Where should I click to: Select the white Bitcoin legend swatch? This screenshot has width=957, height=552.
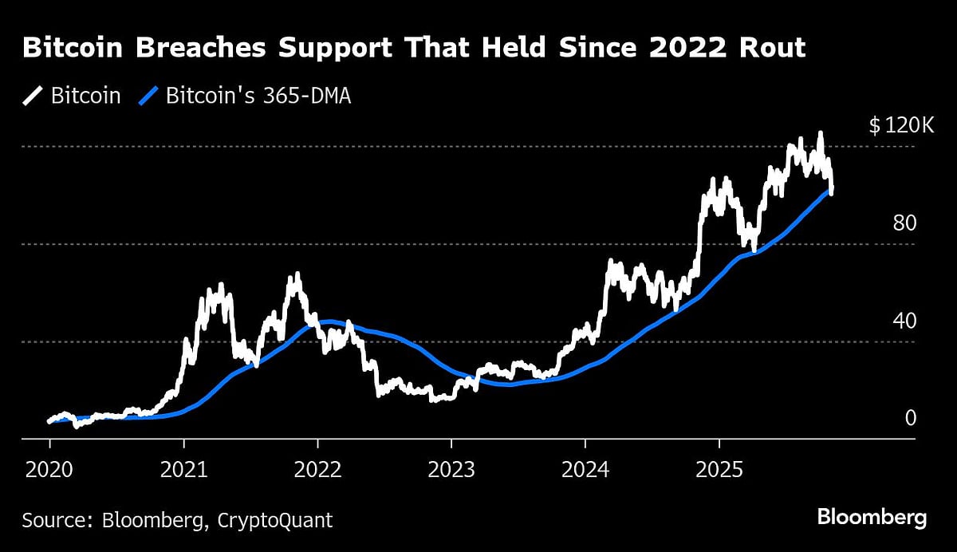pos(33,97)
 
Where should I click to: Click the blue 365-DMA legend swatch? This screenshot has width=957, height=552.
pos(148,97)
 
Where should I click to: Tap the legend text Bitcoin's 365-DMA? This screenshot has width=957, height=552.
pos(258,97)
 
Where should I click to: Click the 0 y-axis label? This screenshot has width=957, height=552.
pos(911,418)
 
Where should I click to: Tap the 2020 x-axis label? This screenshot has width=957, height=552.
pos(49,469)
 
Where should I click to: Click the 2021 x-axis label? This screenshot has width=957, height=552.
pos(183,469)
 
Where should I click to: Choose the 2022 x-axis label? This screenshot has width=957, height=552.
pos(317,469)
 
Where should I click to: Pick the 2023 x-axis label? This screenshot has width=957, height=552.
pos(451,469)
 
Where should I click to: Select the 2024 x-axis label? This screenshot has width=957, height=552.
pos(585,469)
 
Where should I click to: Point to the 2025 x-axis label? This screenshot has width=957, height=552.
pos(719,469)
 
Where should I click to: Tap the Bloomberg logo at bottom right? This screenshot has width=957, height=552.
pos(872,518)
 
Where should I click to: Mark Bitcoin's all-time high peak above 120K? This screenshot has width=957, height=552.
pos(819,134)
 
